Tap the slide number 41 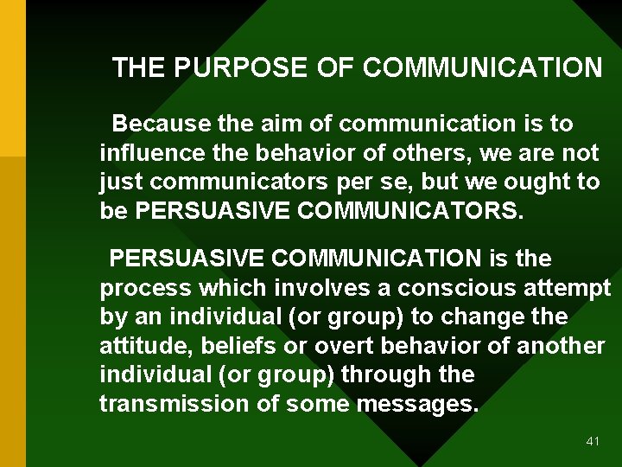click(x=592, y=441)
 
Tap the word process click(x=143, y=287)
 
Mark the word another click(x=561, y=346)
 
